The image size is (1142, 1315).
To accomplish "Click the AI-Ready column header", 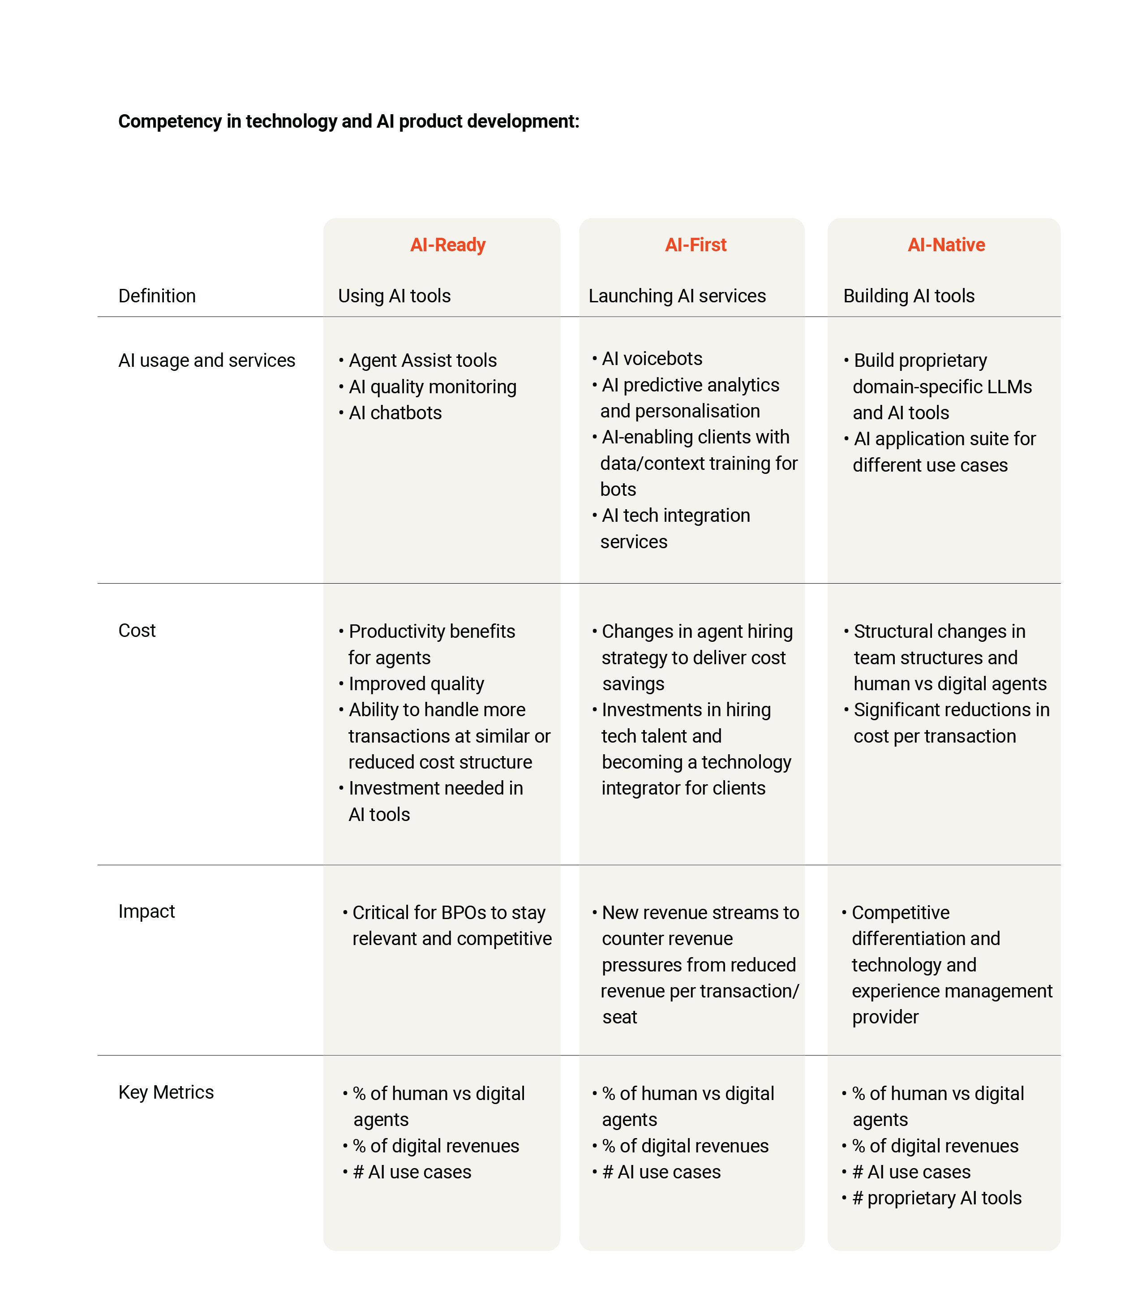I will [x=447, y=245].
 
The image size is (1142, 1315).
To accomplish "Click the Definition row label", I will [x=157, y=296].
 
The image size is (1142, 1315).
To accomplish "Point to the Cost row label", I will [x=137, y=631].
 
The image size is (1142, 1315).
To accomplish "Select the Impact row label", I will [x=146, y=911].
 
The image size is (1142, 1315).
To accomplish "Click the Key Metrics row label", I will [x=166, y=1092].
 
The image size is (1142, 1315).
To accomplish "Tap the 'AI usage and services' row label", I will [x=206, y=360].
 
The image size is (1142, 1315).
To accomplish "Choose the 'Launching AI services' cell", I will [x=677, y=296].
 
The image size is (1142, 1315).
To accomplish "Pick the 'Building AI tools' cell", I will [x=909, y=296].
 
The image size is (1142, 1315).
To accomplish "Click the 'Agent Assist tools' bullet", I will [x=422, y=360].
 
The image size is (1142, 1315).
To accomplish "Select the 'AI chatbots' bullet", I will [x=395, y=413].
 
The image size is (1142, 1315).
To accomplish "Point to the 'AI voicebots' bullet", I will [x=652, y=358].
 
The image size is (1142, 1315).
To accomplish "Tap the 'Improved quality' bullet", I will [x=416, y=683].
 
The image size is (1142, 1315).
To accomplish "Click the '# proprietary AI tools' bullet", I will [x=937, y=1198].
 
